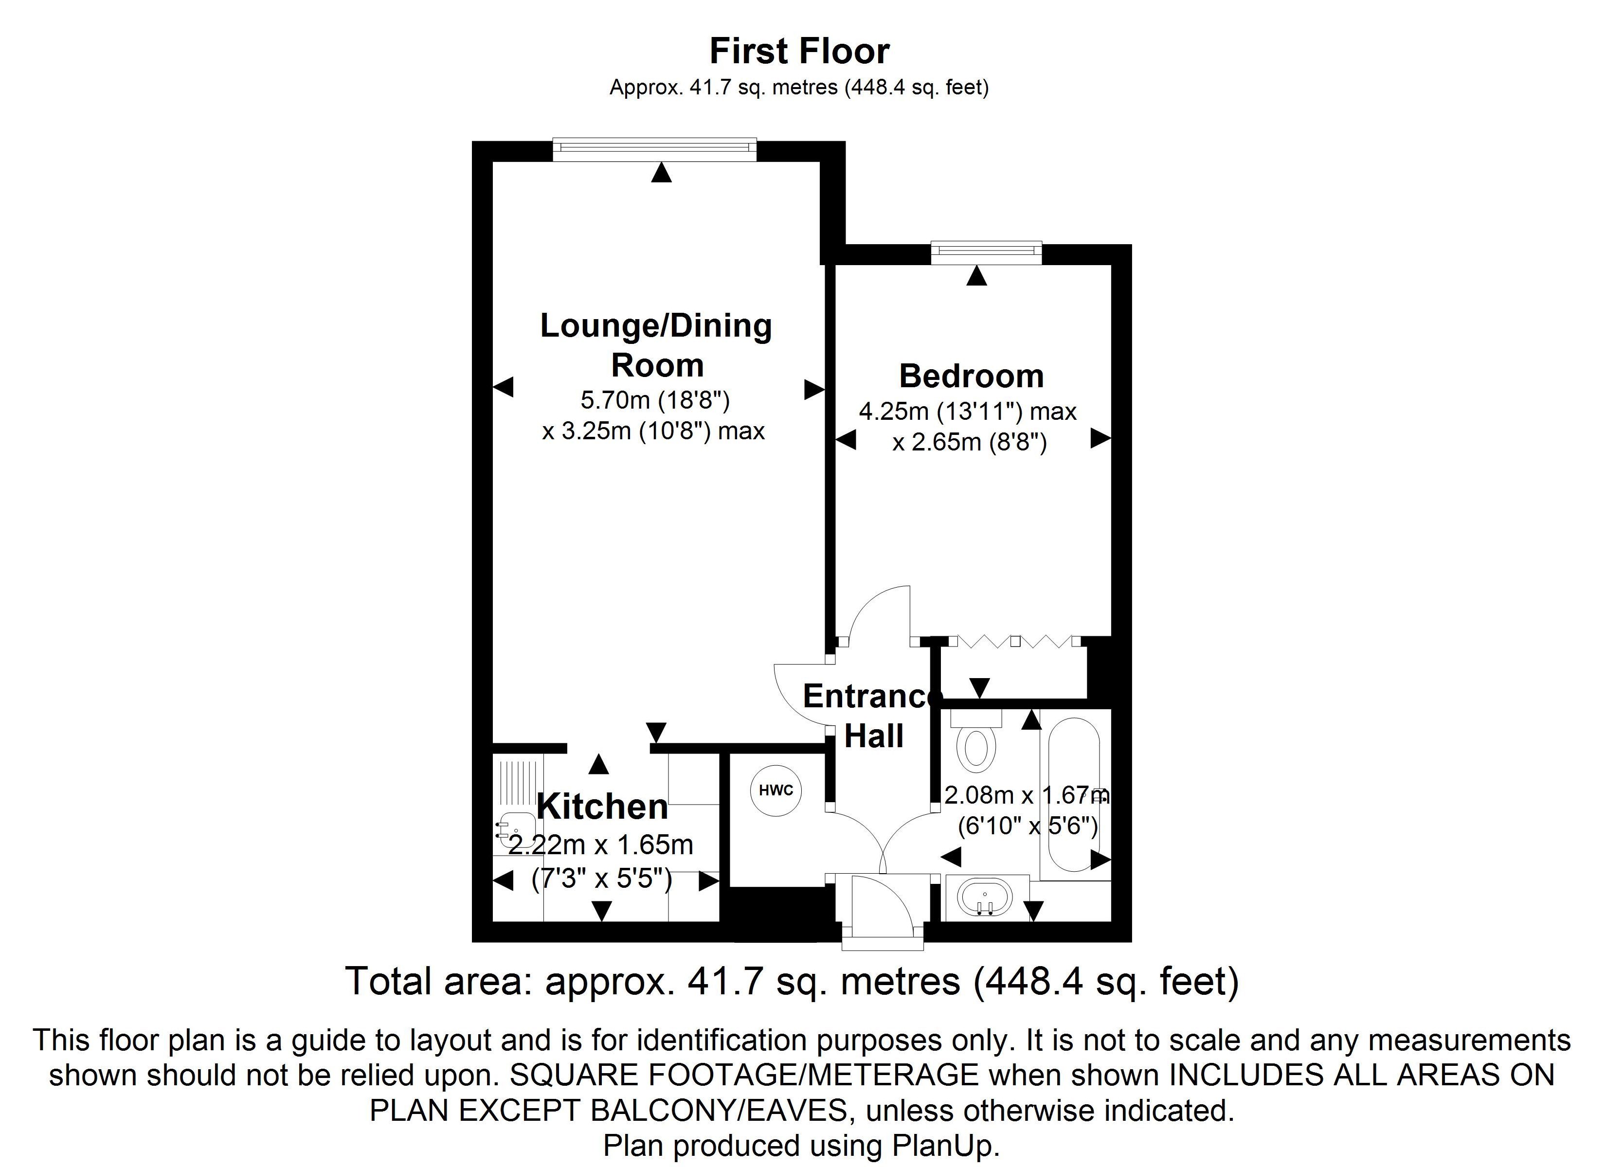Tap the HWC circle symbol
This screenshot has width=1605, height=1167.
(776, 790)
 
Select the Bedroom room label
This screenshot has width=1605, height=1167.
(971, 376)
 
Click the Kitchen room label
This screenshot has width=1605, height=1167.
(602, 806)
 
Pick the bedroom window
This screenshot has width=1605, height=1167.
(987, 251)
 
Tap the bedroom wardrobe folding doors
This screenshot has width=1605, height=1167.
(1014, 642)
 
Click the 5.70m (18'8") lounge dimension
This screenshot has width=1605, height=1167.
(654, 400)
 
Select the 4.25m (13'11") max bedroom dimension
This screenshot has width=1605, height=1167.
(967, 411)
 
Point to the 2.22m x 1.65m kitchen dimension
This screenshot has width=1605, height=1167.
(601, 845)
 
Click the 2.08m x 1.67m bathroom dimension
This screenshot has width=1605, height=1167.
(1026, 795)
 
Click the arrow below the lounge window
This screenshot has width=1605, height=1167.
(661, 173)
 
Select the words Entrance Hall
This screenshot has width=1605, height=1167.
(873, 716)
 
